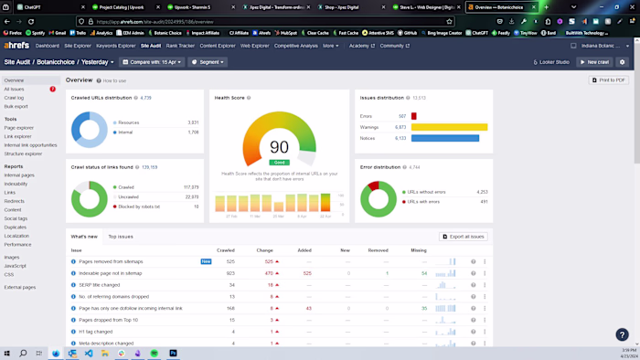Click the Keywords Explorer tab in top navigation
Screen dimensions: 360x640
click(x=116, y=46)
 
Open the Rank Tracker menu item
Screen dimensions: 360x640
click(x=180, y=46)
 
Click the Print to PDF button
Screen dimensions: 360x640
click(x=609, y=80)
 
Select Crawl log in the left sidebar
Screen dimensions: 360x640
click(x=15, y=98)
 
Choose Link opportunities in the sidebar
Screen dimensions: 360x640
click(x=30, y=145)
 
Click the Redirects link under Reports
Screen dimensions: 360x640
click(x=14, y=201)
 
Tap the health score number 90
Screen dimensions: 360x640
click(x=279, y=147)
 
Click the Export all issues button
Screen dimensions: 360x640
click(x=464, y=237)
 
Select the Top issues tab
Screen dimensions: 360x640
click(x=121, y=237)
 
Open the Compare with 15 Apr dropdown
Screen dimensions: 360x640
click(x=153, y=62)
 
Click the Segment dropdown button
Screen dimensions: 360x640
click(x=208, y=62)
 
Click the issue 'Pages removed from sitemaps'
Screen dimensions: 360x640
click(x=111, y=261)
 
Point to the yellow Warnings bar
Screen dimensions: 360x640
click(x=449, y=127)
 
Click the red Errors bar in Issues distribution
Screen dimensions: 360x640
click(x=414, y=116)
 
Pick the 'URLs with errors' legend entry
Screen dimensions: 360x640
click(x=425, y=202)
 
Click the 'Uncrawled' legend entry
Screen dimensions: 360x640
click(x=128, y=196)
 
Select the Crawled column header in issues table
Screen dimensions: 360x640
click(x=225, y=250)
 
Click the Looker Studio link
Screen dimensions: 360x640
click(x=551, y=62)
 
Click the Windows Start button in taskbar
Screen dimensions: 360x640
click(x=8, y=353)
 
